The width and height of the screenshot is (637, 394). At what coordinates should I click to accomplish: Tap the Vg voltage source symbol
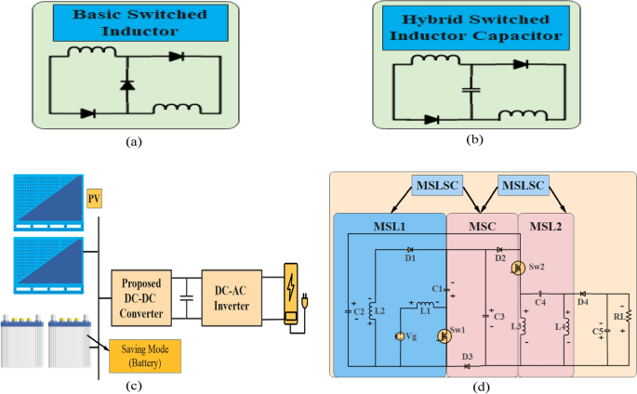click(x=399, y=335)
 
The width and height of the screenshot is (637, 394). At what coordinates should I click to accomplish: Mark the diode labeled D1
click(x=410, y=250)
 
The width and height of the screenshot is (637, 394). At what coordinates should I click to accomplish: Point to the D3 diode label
click(x=467, y=357)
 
